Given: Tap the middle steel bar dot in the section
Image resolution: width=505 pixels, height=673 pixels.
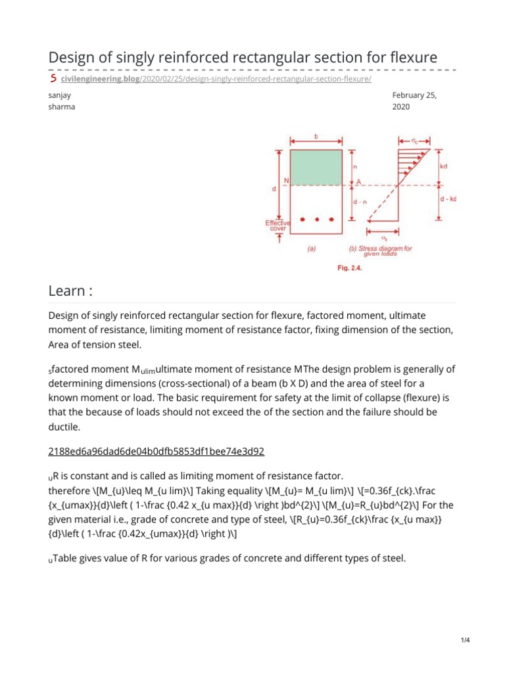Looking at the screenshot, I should pos(316,219).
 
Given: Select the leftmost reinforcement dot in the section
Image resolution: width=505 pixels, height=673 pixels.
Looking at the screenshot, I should pos(302,219).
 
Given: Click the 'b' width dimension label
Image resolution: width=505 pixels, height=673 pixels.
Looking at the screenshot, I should pos(316,136).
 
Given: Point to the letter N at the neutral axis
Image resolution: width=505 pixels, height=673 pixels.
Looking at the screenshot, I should pos(285,181).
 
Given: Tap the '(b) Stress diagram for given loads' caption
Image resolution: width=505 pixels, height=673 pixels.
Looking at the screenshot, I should pos(380,251).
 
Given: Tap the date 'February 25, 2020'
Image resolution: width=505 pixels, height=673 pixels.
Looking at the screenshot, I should pos(414,101).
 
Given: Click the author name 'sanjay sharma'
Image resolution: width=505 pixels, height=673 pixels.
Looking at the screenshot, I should pos(61,101).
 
